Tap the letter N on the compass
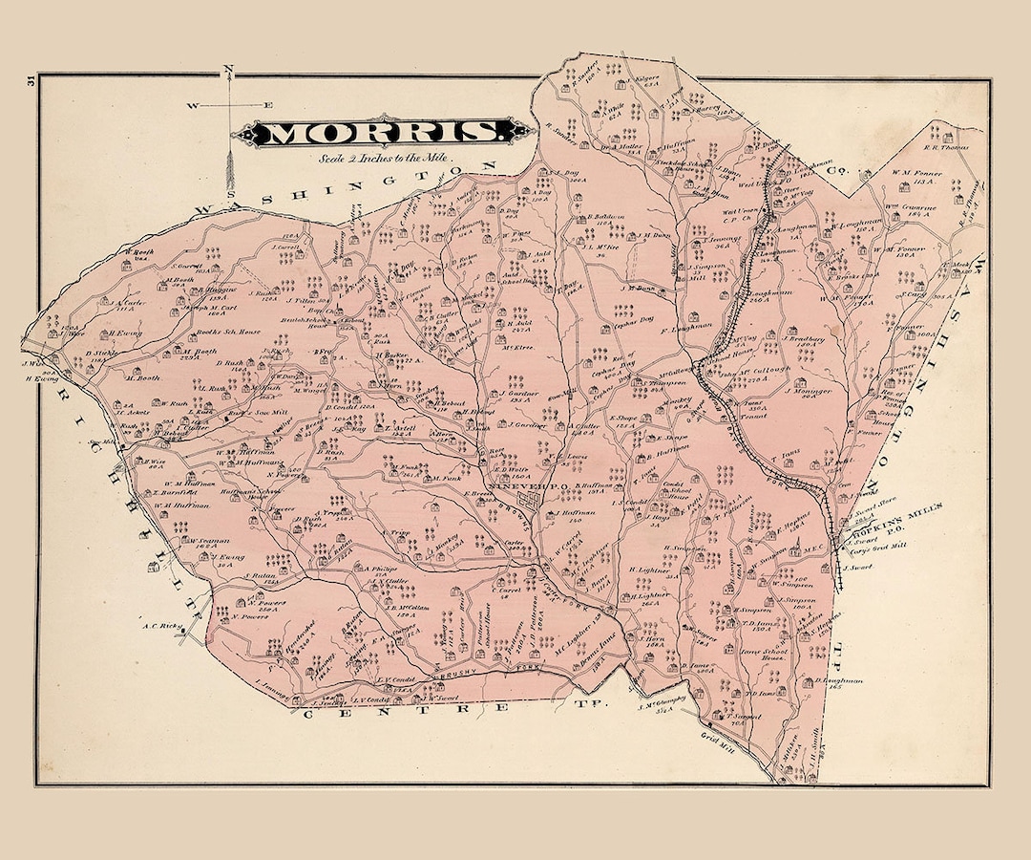(228, 69)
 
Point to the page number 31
(32, 81)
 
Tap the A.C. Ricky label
(161, 628)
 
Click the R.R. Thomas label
(946, 147)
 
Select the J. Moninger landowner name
(809, 391)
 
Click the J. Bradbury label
(808, 337)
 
